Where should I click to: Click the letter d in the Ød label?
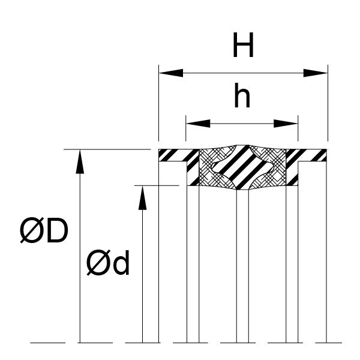121,264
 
